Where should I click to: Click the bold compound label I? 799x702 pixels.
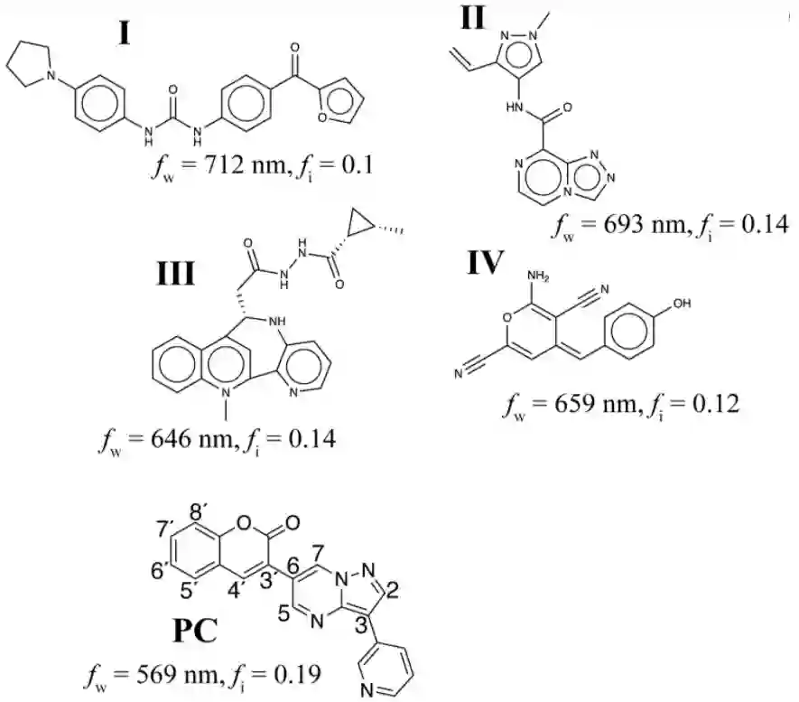coord(125,33)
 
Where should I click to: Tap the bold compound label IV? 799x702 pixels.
coord(489,263)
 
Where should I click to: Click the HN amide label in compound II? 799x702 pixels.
coord(517,108)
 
